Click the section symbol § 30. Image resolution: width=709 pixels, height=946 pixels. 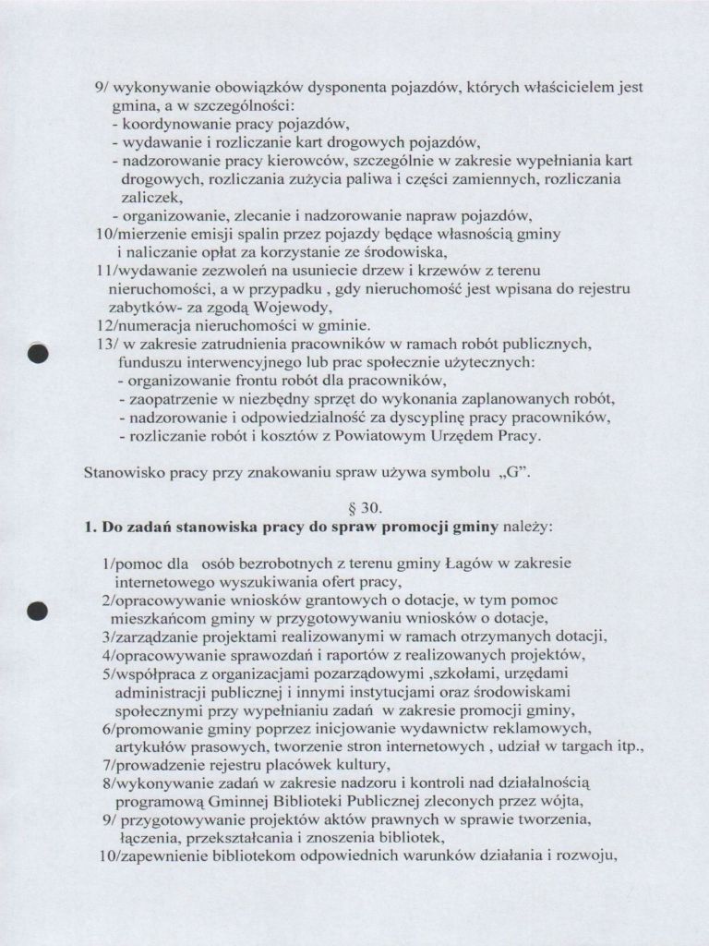tap(355, 508)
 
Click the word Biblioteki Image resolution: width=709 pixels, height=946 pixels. tap(355, 800)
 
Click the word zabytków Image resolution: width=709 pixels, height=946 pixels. tap(138, 308)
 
